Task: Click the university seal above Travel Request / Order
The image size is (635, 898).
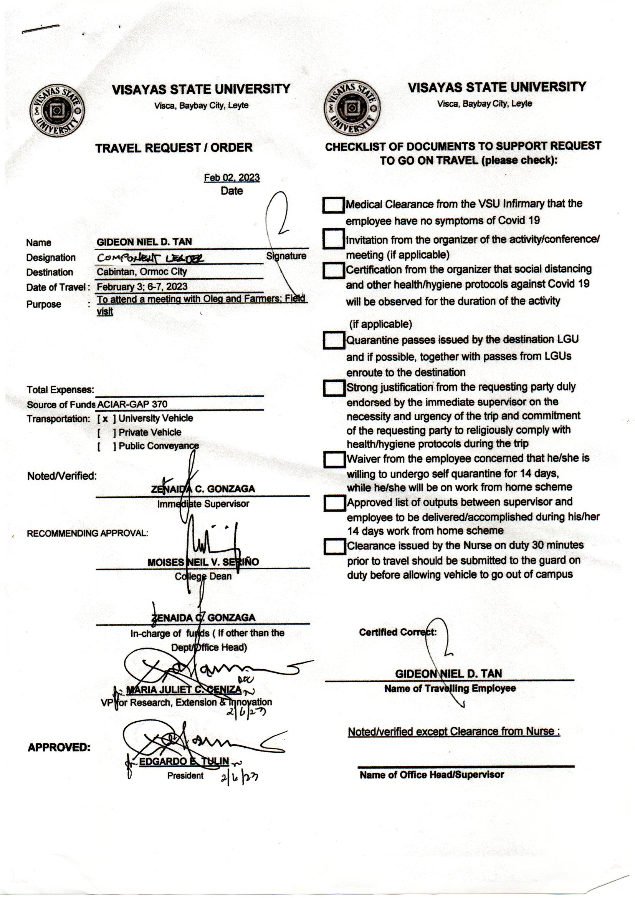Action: click(57, 111)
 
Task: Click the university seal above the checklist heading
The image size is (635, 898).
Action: click(352, 108)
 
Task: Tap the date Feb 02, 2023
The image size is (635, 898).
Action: click(232, 177)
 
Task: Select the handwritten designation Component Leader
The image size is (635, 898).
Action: click(150, 258)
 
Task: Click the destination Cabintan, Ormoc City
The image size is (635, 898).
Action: click(142, 272)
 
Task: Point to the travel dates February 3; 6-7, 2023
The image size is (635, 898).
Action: click(142, 287)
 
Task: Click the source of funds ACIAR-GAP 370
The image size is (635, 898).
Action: click(132, 404)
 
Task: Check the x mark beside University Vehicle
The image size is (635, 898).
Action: click(105, 419)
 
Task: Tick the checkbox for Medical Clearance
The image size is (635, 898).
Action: click(333, 205)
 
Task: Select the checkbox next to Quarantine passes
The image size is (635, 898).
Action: click(334, 340)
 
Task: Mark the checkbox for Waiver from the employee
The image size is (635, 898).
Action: click(334, 459)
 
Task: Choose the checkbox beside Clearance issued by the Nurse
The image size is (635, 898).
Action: click(334, 547)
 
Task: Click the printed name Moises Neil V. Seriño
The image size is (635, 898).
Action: click(203, 562)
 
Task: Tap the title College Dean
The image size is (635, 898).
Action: click(203, 577)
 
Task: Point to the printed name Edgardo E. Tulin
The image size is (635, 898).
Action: click(184, 761)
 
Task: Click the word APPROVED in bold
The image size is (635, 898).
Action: click(59, 747)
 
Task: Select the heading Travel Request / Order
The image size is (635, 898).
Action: click(174, 148)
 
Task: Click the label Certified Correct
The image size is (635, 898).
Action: click(398, 633)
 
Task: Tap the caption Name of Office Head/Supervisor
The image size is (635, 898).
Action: click(432, 775)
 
